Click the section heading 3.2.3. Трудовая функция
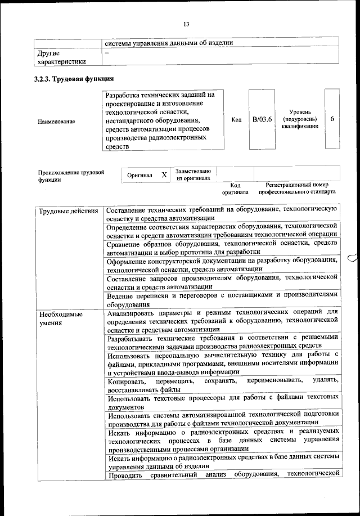click(x=74, y=79)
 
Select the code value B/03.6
click(x=262, y=119)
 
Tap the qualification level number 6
click(x=332, y=119)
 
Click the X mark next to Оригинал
click(x=164, y=175)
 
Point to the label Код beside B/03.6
click(x=237, y=119)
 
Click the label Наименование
click(x=57, y=121)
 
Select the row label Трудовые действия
click(x=67, y=210)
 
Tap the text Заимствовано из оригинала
click(x=193, y=174)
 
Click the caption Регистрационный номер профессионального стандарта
click(x=297, y=188)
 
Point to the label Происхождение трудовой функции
click(x=71, y=176)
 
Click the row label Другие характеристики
click(x=62, y=57)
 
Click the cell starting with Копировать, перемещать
click(x=223, y=385)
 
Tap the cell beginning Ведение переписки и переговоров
click(x=223, y=299)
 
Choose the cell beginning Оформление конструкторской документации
click(x=223, y=264)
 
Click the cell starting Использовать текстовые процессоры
click(x=223, y=402)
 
